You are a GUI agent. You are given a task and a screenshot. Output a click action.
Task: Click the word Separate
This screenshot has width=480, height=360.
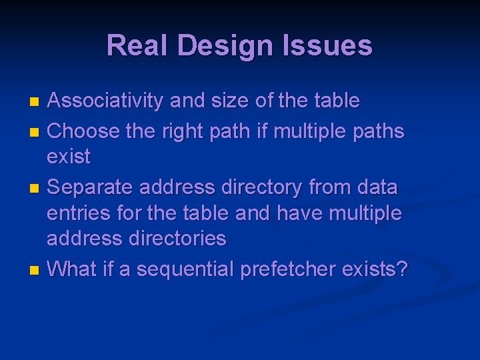pos(91,187)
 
